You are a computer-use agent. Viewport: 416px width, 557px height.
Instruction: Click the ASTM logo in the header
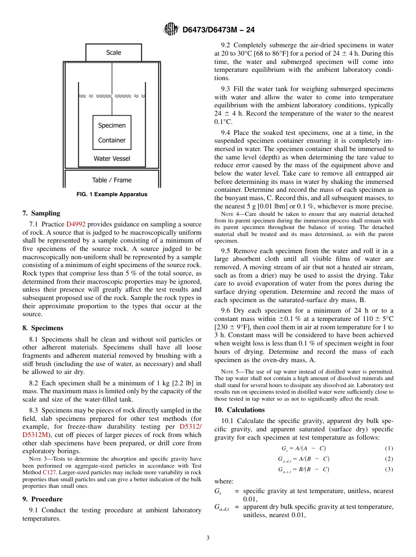point(171,29)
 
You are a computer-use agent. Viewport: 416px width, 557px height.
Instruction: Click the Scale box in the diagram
point(113,53)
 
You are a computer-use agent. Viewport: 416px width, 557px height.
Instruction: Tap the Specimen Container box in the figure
point(112,133)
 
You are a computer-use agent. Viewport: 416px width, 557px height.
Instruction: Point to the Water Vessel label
point(112,159)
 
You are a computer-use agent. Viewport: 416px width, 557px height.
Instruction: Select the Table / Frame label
point(112,180)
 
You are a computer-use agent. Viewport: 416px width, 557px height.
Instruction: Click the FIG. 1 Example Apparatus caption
point(112,194)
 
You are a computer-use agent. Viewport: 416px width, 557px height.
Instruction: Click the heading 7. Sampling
point(41,213)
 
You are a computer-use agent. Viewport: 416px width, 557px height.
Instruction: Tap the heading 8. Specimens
point(42,328)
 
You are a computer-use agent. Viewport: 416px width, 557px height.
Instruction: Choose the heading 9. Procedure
point(42,499)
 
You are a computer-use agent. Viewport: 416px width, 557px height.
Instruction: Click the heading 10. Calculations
point(240,410)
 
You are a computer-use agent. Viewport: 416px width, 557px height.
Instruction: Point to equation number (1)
point(389,449)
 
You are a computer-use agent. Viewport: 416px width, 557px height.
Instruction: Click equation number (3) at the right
point(389,469)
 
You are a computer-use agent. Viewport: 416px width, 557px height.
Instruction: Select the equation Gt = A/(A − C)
point(303,449)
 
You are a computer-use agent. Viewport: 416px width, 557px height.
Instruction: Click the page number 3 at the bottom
point(208,538)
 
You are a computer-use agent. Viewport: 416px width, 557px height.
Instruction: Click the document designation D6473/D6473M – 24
point(218,30)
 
